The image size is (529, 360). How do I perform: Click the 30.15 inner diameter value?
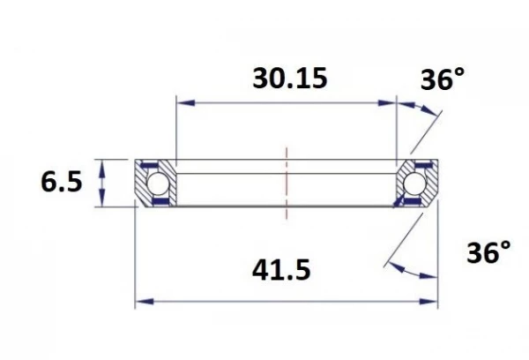tap(289, 78)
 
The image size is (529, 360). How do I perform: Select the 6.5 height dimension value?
tap(61, 183)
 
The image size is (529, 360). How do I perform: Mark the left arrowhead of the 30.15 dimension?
tap(183, 102)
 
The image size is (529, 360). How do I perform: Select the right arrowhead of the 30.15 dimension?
tap(391, 102)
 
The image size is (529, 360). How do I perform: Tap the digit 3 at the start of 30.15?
tap(261, 78)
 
